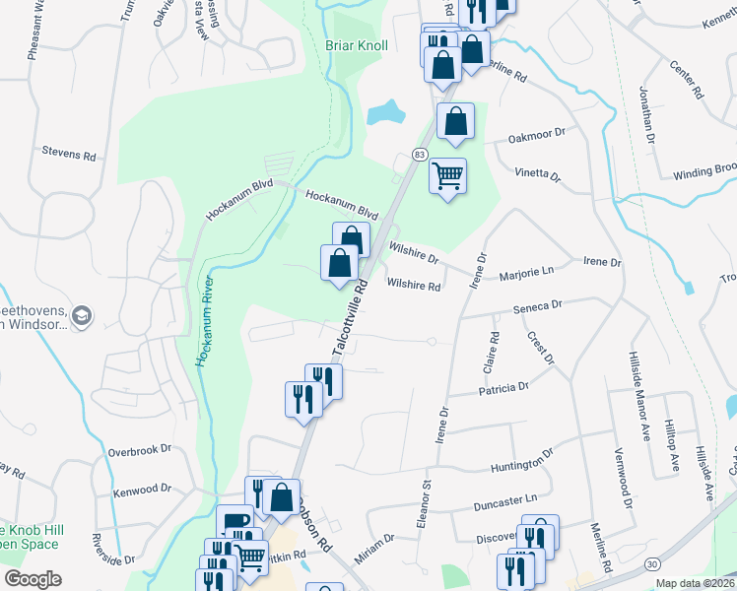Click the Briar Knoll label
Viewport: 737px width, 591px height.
pos(357,45)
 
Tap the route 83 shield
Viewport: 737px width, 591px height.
pos(420,155)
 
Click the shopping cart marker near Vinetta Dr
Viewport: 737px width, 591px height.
pos(447,176)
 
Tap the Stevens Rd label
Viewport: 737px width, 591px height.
pos(68,155)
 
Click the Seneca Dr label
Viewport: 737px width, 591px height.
pos(537,305)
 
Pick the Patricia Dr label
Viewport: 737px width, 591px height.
pos(503,389)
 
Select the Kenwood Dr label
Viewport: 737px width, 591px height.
pos(142,489)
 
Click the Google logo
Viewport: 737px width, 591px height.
pos(33,579)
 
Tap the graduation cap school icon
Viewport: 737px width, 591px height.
pos(84,315)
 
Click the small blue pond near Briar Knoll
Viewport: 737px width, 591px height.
pos(387,112)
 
